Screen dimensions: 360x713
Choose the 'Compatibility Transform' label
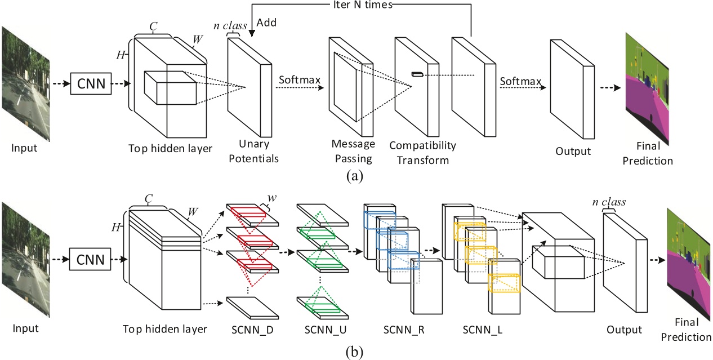click(422, 153)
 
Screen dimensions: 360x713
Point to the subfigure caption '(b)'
click(356, 353)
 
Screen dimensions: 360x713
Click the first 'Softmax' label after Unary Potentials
click(299, 80)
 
